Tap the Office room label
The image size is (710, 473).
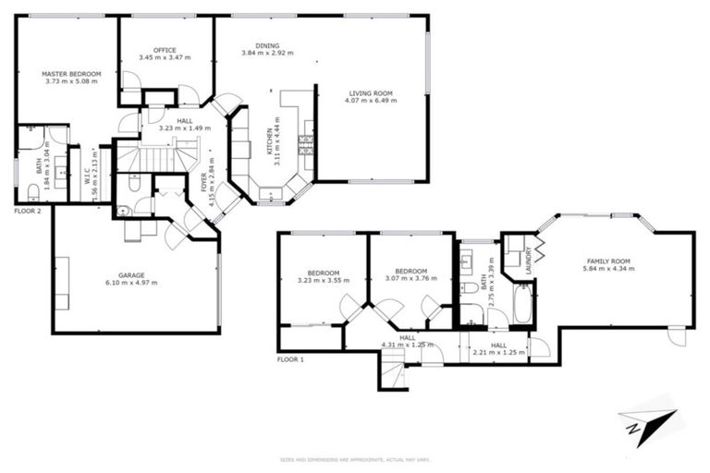(x=165, y=50)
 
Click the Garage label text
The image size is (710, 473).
(x=131, y=274)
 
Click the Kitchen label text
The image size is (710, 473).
(x=271, y=146)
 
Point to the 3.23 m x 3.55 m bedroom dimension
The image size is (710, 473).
(x=322, y=280)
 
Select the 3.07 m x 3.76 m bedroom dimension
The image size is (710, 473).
(x=411, y=280)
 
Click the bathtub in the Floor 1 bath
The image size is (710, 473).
(x=522, y=304)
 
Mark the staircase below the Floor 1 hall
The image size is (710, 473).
(x=394, y=374)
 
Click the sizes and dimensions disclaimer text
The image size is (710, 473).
(x=355, y=459)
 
